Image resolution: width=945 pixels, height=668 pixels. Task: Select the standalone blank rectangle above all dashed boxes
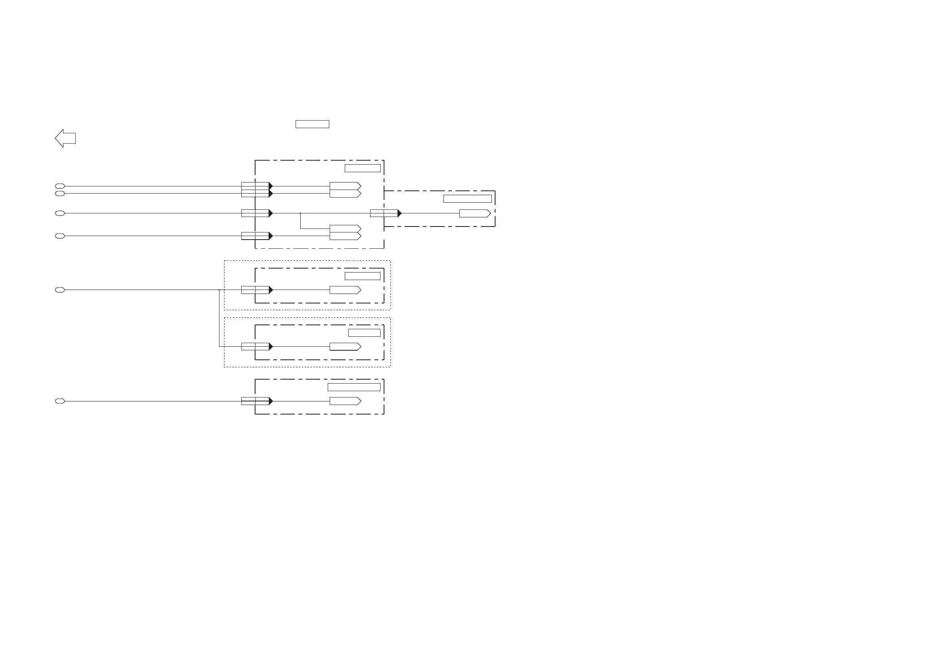coord(312,124)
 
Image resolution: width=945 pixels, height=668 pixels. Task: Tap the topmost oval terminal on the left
coord(60,186)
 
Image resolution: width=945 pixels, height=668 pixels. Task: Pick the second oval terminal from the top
coord(60,194)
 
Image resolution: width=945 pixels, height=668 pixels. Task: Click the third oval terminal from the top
coord(60,213)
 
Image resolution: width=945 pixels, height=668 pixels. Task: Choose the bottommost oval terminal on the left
coord(60,401)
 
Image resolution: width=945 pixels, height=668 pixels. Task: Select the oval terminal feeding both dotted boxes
coord(60,290)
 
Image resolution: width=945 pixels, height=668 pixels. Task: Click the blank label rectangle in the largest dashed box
coord(362,168)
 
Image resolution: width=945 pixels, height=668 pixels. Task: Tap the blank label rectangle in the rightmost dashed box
coord(467,199)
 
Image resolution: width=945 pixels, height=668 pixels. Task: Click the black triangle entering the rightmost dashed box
coord(399,213)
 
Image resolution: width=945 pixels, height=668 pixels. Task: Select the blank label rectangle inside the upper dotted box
coord(362,276)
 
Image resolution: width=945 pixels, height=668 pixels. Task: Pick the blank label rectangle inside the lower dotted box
coord(364,333)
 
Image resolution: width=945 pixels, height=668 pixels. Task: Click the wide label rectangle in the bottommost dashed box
coord(353,387)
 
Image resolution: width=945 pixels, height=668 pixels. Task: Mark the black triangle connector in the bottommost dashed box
coord(271,401)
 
